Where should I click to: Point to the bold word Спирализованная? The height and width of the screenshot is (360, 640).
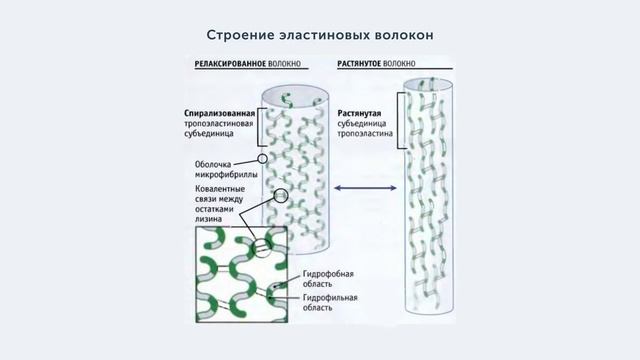[220, 113]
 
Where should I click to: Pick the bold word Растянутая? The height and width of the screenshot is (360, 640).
[366, 113]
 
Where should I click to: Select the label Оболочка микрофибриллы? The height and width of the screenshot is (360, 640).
[220, 169]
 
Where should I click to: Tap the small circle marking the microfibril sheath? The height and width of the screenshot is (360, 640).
[262, 158]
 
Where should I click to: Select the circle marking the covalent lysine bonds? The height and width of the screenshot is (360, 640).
[281, 196]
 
